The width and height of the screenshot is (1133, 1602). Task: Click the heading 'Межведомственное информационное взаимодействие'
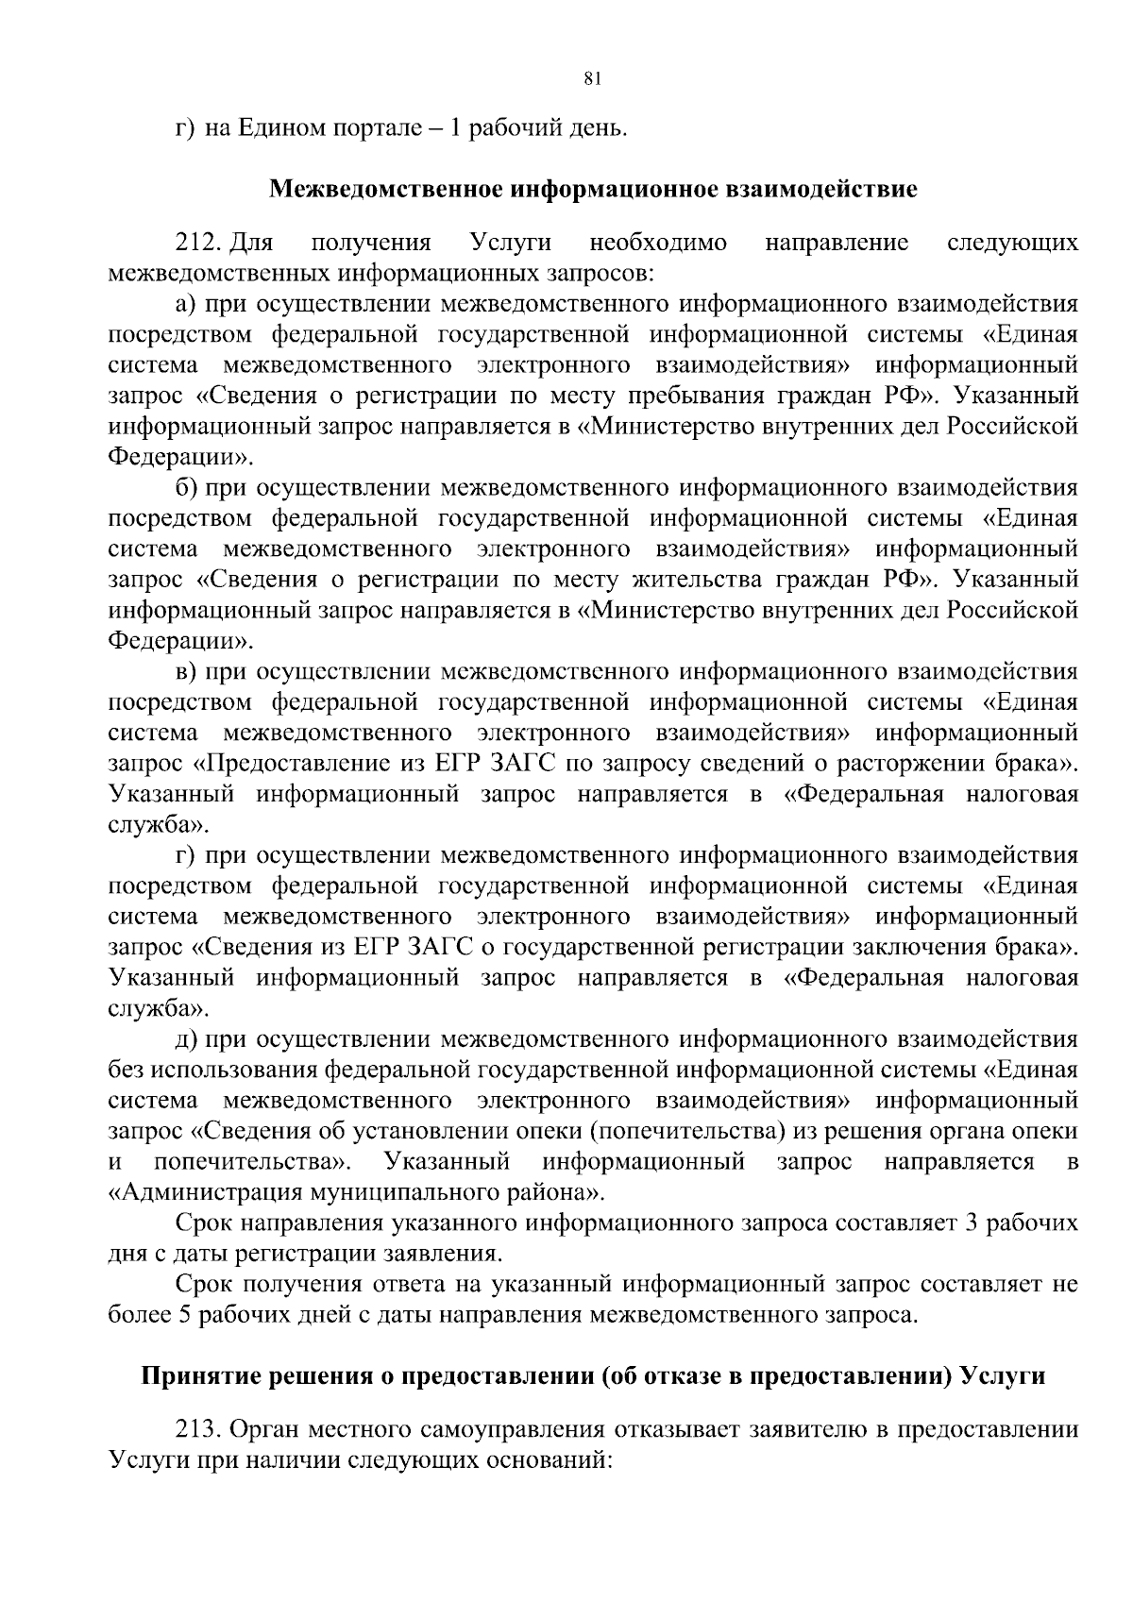click(593, 189)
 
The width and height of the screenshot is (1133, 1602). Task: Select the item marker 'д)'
click(186, 1039)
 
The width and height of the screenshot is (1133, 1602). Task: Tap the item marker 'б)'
click(186, 488)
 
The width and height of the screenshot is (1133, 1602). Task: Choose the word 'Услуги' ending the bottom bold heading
click(1002, 1375)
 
